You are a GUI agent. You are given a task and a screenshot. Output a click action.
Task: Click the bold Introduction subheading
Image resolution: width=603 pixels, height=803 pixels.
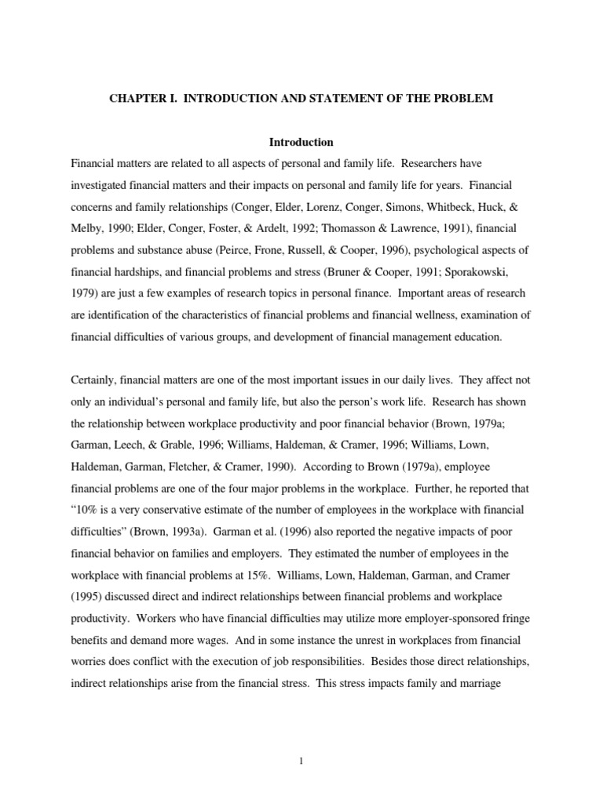(x=301, y=142)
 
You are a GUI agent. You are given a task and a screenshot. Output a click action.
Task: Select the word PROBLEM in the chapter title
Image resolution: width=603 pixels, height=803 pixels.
(x=464, y=101)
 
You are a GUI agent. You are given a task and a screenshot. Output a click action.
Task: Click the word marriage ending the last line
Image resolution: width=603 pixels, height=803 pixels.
(x=507, y=683)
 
